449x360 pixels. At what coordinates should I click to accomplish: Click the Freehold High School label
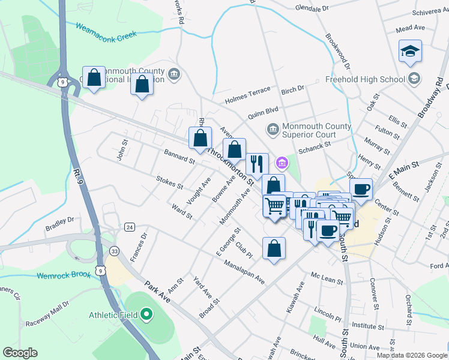tap(364, 79)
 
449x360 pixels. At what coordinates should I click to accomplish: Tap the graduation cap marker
tap(410, 52)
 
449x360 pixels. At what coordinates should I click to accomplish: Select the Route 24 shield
tap(129, 227)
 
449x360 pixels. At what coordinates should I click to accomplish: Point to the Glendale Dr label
tap(313, 8)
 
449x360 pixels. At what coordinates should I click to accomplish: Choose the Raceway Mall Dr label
tap(47, 317)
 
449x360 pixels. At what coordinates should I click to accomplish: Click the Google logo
tap(20, 352)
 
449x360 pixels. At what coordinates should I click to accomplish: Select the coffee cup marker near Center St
tap(361, 190)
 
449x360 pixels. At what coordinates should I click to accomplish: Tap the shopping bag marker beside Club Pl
tap(274, 248)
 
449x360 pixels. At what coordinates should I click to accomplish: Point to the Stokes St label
tap(169, 182)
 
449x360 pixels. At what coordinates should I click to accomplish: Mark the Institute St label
tap(367, 325)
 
